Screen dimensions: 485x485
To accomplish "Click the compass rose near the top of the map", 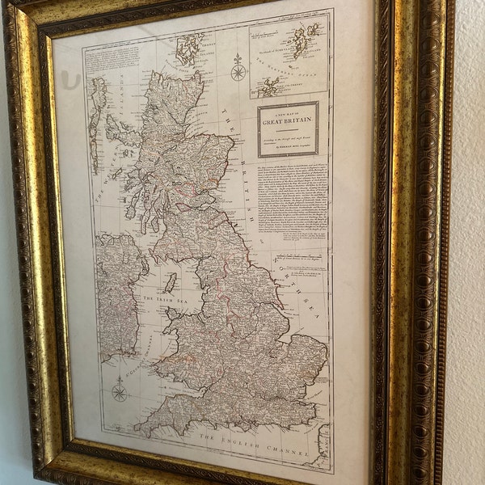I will (x=238, y=71).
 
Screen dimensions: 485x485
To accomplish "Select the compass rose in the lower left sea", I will (x=120, y=393).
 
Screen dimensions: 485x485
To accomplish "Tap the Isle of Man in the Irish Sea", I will (x=171, y=283).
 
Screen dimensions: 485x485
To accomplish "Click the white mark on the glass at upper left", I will (x=74, y=81).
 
